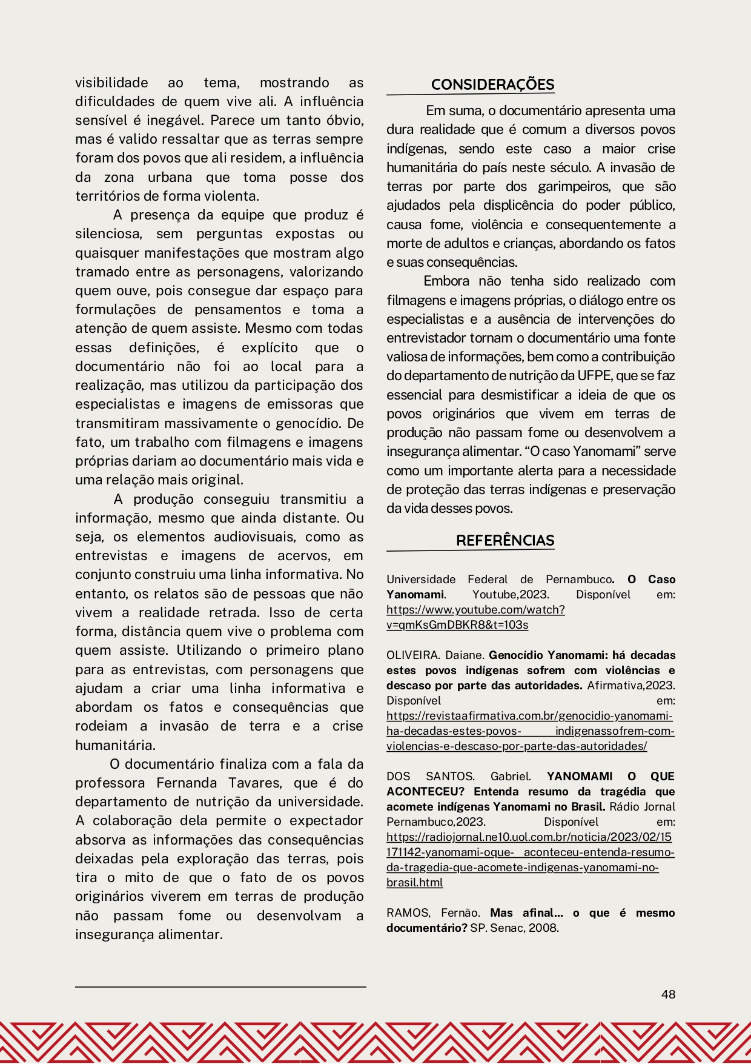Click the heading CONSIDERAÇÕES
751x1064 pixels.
(x=492, y=85)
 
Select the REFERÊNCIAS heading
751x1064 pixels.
(x=505, y=540)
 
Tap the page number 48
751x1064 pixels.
(x=668, y=994)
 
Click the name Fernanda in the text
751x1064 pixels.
(x=187, y=783)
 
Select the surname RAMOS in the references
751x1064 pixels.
(x=408, y=913)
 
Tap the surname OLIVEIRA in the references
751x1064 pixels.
(x=412, y=655)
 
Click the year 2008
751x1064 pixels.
(x=543, y=928)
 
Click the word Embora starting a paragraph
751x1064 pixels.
(x=446, y=281)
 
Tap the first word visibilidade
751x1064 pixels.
(x=111, y=82)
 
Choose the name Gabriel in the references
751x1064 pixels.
(x=511, y=777)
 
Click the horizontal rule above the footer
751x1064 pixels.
(x=220, y=987)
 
